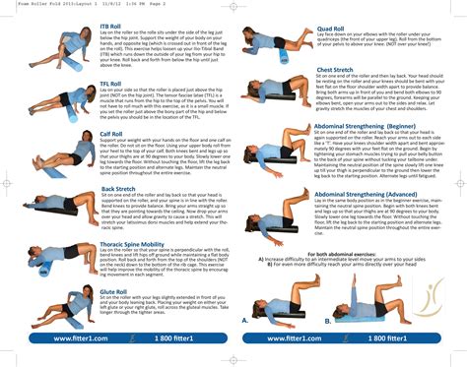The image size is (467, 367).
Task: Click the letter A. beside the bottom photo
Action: click(x=245, y=321)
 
